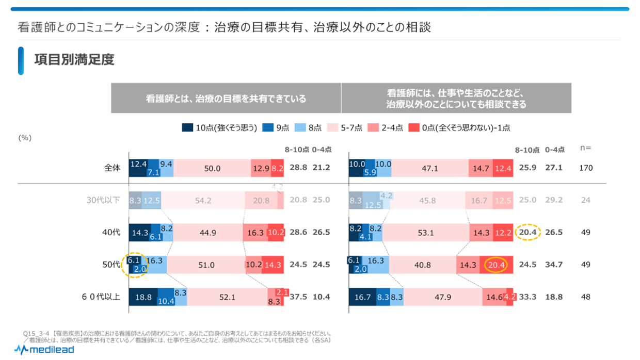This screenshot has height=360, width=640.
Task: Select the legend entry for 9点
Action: click(276, 127)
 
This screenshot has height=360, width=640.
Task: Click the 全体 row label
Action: click(112, 168)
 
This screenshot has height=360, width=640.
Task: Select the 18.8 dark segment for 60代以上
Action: click(143, 297)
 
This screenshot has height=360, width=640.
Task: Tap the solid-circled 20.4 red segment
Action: click(496, 265)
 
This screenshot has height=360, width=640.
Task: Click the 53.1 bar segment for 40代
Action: click(426, 233)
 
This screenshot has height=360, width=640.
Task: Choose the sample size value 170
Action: click(586, 168)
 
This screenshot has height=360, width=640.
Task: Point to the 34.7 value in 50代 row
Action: click(554, 265)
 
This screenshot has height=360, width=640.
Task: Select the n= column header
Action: click(585, 149)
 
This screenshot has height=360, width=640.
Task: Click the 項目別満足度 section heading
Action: click(74, 59)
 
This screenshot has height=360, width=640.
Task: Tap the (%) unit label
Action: click(25, 138)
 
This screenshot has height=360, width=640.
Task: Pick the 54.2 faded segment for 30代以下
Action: click(203, 200)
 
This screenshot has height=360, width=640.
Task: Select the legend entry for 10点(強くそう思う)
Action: click(219, 127)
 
